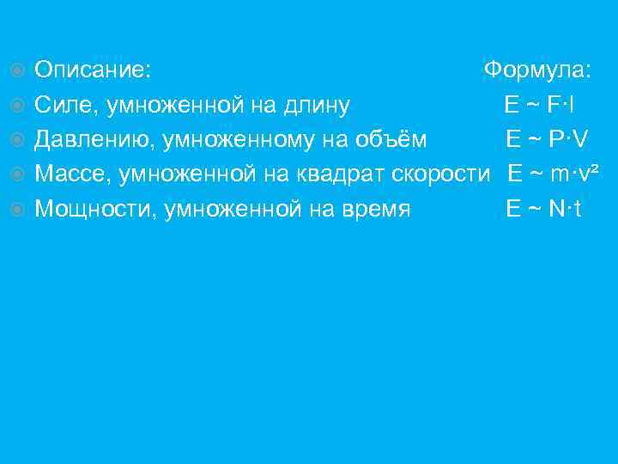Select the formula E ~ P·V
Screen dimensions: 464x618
[547, 139]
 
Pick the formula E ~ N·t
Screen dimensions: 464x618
[544, 209]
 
